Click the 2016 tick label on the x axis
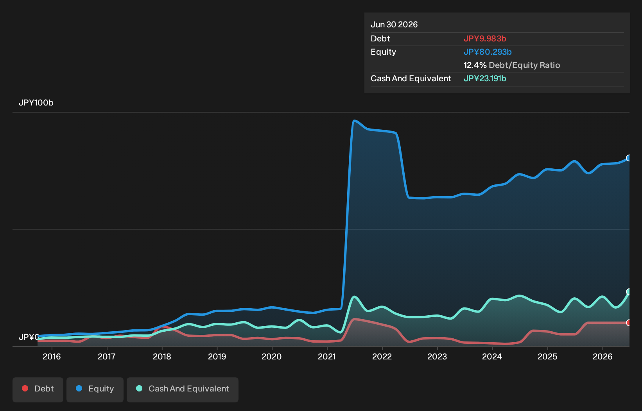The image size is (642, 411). tap(52, 357)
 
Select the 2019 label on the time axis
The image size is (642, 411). tap(217, 357)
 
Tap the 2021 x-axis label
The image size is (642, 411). tap(327, 357)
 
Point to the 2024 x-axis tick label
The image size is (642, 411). tap(492, 357)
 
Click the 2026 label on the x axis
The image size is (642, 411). tap(603, 357)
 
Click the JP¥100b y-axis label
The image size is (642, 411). tap(36, 103)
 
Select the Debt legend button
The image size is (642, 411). tap(38, 390)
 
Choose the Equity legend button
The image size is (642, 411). tap(95, 390)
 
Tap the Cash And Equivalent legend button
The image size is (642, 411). tap(183, 390)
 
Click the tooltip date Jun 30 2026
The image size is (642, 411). tap(394, 25)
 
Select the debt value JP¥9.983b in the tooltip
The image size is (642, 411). tap(485, 39)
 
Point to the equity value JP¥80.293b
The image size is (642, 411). tap(488, 52)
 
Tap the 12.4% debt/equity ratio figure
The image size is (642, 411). tap(475, 65)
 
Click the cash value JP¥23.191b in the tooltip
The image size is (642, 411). tap(485, 79)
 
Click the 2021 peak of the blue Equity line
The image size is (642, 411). tap(355, 121)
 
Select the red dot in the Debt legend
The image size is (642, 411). tap(25, 389)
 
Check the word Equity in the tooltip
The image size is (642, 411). tap(383, 52)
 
